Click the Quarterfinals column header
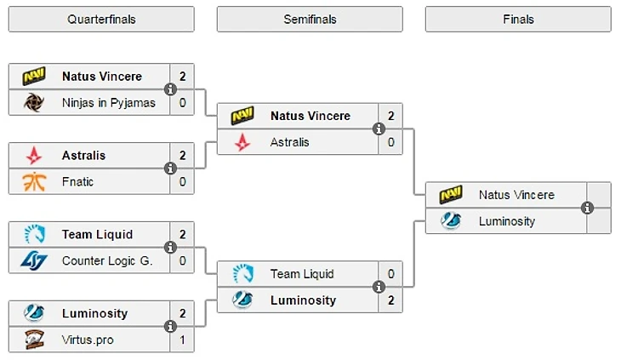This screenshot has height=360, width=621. [101, 19]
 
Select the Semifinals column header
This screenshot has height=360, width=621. [310, 19]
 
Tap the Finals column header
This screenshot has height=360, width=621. [518, 19]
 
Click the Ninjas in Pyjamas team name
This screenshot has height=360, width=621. [109, 103]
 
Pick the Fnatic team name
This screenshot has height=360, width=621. [77, 181]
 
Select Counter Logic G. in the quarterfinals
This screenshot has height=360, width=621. [107, 260]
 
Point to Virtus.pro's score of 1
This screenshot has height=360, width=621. [182, 339]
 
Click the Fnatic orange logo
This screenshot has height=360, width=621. [34, 181]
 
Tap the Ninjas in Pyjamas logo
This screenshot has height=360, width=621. [34, 103]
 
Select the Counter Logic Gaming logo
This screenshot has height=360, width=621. [34, 260]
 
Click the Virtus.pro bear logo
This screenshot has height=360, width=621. [34, 339]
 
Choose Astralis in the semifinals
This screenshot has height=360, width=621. [290, 142]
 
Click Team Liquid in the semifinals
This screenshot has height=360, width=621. [302, 273]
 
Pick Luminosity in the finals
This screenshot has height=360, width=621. [507, 221]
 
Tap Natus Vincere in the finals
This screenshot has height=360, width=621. [516, 195]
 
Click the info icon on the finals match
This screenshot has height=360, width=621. [587, 208]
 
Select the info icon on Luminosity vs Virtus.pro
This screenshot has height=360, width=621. [170, 326]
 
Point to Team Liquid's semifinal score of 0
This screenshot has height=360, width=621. [390, 273]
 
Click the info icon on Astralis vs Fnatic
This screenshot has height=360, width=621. [170, 169]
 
